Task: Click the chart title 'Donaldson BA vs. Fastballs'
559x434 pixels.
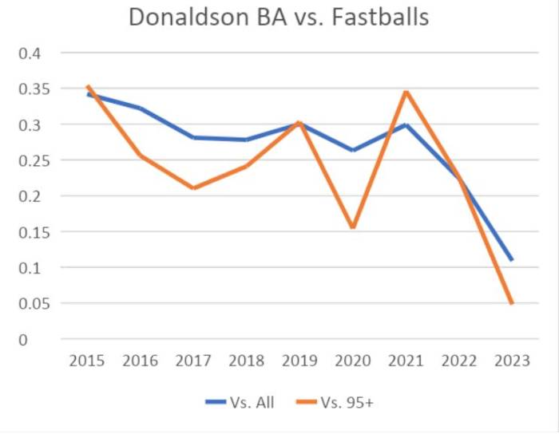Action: (279, 18)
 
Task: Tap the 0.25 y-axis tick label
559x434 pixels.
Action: (30, 160)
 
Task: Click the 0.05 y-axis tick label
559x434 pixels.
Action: (30, 303)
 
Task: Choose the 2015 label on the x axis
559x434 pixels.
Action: (87, 361)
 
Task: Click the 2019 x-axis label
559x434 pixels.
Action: (299, 361)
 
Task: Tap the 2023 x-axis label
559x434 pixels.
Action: (512, 361)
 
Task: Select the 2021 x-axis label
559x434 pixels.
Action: (406, 361)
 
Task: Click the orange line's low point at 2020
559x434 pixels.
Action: (352, 228)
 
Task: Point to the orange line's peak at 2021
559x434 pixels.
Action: (406, 92)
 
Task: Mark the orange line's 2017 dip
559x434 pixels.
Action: (193, 188)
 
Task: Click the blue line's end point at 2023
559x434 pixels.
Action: (512, 260)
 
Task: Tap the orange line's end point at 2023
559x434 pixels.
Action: (512, 303)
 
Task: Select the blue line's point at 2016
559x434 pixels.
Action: (141, 108)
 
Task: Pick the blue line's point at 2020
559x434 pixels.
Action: (352, 150)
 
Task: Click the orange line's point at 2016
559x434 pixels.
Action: (141, 155)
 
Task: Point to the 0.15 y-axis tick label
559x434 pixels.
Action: (30, 232)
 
